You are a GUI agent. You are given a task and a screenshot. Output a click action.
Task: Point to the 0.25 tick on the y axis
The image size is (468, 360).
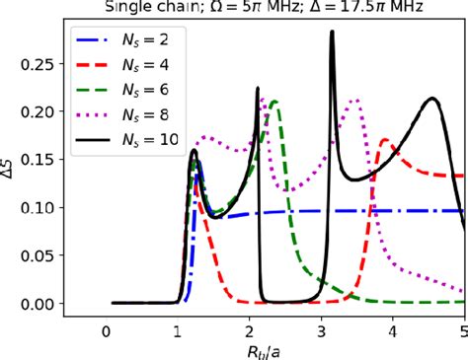coord(42,62)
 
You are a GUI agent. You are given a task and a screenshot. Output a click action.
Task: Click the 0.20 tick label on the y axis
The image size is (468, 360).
coord(42,110)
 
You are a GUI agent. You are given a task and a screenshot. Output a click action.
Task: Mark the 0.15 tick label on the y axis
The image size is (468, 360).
coord(42,159)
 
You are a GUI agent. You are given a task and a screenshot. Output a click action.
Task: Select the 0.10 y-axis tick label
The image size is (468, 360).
coord(42,207)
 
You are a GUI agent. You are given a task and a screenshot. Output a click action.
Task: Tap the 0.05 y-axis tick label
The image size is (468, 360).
coord(42,255)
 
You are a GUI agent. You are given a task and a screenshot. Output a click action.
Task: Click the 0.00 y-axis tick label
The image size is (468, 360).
coord(42,304)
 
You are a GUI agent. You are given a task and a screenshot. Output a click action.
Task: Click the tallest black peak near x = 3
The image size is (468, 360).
coord(332,33)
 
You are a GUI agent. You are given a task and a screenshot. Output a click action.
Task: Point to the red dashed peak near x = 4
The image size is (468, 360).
coord(384,140)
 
